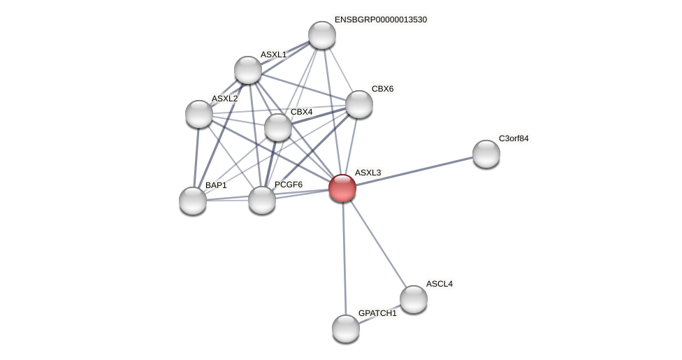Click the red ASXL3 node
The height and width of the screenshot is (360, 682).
click(x=342, y=188)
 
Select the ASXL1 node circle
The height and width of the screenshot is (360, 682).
click(x=248, y=70)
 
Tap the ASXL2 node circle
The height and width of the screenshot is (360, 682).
click(x=199, y=114)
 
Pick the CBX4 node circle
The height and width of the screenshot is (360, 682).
click(x=278, y=127)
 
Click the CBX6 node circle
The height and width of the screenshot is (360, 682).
click(x=359, y=104)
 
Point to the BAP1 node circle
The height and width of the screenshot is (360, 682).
click(x=193, y=201)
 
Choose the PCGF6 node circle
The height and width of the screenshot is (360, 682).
click(x=262, y=200)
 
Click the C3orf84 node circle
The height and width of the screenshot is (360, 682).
click(x=486, y=154)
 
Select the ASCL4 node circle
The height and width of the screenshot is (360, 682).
click(x=414, y=299)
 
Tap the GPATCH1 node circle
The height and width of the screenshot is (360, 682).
click(x=346, y=329)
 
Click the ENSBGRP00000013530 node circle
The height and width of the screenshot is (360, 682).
click(x=322, y=35)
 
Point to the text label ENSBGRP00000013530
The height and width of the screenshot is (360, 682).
click(x=380, y=20)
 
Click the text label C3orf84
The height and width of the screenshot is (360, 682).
click(x=514, y=138)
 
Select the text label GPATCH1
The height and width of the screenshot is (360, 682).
click(x=377, y=313)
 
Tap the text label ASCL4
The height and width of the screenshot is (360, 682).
click(x=440, y=284)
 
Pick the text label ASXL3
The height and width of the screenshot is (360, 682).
click(x=368, y=173)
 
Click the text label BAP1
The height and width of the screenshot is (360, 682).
click(x=216, y=185)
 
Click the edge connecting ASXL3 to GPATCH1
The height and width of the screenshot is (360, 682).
click(x=344, y=259)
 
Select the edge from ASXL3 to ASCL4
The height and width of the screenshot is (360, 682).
click(x=378, y=244)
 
